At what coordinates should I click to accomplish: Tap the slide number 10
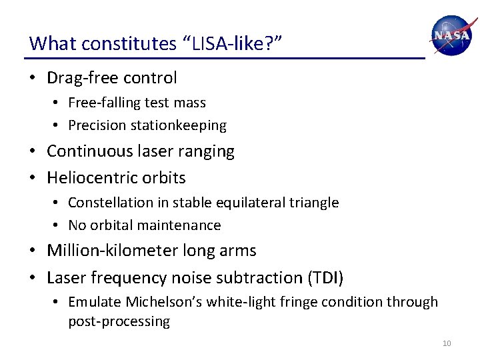click(447, 343)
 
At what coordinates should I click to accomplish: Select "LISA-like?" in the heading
click(233, 44)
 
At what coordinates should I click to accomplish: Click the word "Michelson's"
click(163, 302)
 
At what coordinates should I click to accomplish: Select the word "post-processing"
click(119, 322)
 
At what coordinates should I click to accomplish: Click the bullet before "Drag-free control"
click(33, 79)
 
